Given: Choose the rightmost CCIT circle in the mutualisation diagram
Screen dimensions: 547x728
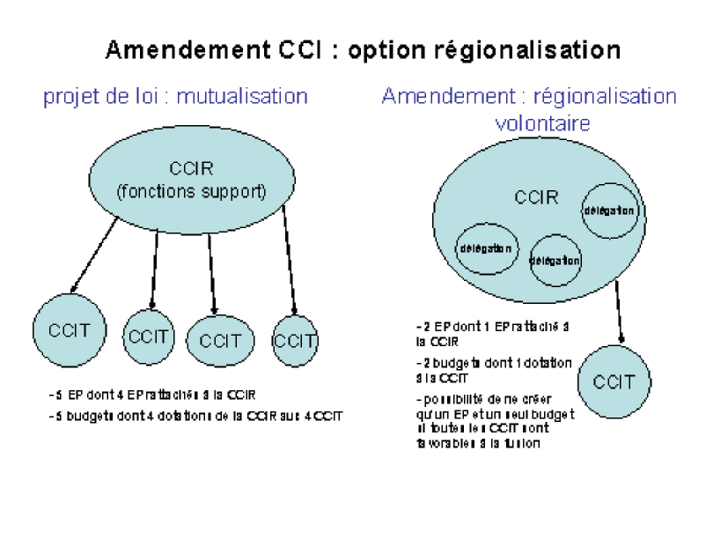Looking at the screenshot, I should tap(295, 339).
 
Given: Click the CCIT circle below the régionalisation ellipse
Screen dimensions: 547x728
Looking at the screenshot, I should tap(614, 383).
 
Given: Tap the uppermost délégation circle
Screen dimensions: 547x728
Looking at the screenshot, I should tap(608, 211).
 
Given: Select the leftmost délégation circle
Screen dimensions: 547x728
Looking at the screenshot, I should tap(485, 248).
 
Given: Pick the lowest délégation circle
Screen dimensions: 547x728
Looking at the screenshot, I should tap(555, 260).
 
